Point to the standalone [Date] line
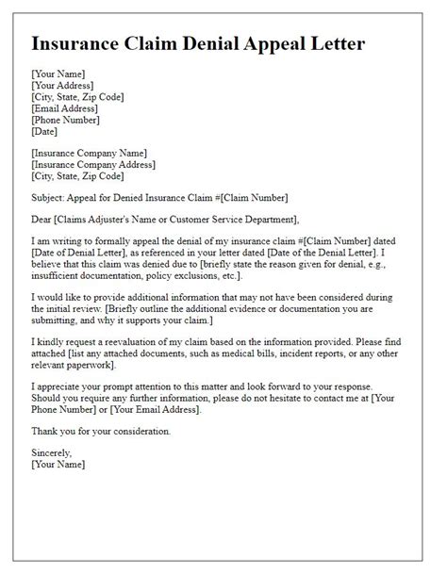tap(45, 132)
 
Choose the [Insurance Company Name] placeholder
tap(90, 152)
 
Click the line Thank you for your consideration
tap(101, 432)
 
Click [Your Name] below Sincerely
tap(58, 466)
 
